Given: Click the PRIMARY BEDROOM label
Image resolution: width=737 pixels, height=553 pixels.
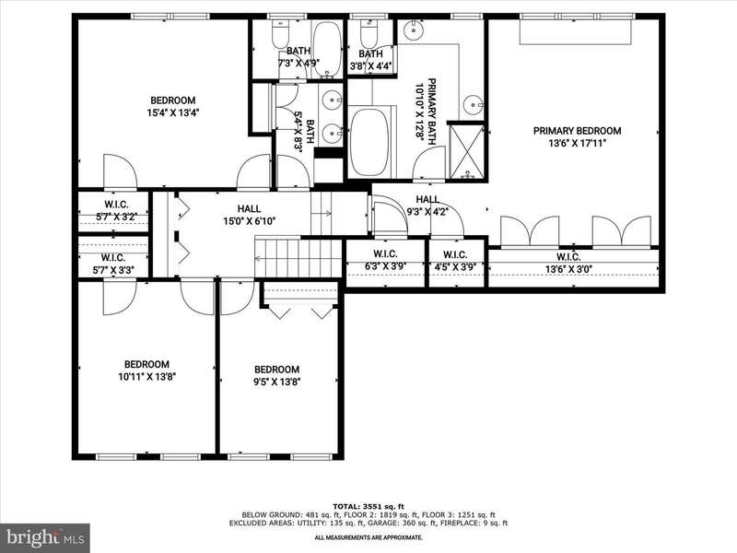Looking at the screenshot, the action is (x=578, y=131).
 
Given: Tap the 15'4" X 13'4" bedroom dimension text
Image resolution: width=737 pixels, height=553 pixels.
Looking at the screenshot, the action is (x=170, y=112).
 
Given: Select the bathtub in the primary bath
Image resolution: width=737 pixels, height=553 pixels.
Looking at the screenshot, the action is (x=369, y=142).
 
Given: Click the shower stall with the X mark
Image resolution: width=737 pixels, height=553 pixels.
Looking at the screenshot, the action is (x=467, y=151).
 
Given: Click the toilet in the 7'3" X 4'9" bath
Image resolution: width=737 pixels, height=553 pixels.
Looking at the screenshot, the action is (x=281, y=33).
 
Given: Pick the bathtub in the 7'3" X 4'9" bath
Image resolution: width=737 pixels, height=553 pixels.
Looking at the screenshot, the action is (x=327, y=49).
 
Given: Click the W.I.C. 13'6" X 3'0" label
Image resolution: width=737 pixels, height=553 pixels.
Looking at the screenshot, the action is (x=568, y=263).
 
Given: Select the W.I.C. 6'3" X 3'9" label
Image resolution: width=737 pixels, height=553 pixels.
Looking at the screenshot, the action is (x=385, y=260).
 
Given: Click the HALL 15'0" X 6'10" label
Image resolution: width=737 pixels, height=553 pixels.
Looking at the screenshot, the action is (x=249, y=215).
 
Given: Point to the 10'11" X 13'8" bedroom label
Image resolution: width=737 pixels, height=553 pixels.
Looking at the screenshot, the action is (x=146, y=371).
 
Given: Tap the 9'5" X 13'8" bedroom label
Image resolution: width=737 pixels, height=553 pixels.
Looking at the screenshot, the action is (x=277, y=375).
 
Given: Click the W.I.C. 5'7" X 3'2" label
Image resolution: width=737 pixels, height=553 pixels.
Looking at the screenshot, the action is (x=116, y=211).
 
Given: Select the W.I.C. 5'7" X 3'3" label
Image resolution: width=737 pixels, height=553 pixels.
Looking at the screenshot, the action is (x=112, y=264).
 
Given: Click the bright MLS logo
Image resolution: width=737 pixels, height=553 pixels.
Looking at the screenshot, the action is (x=44, y=537).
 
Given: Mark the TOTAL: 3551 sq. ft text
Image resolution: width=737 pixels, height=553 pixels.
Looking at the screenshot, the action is (x=368, y=506).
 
